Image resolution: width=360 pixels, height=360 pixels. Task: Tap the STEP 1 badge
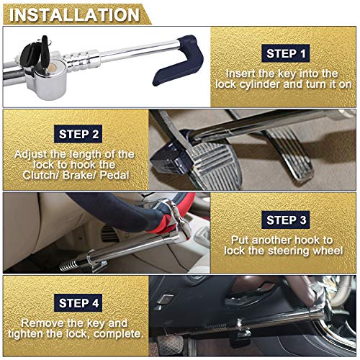286,53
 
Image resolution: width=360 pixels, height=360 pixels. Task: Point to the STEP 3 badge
286,220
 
